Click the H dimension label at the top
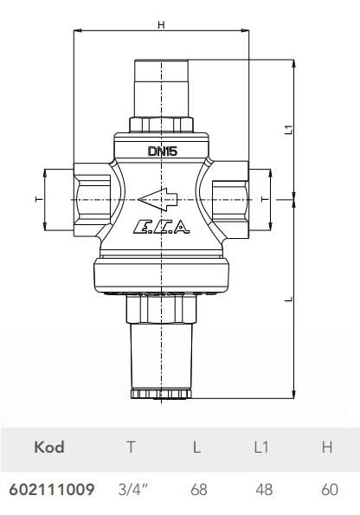pos(161,24)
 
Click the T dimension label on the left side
pos(37,199)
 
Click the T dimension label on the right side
pos(260,199)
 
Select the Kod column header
pos(48,447)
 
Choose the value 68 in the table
pos(198,490)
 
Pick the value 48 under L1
pos(263,490)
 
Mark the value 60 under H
pos(329,490)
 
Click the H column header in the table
pos(328,447)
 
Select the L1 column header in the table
pos(263,447)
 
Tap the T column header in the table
pos(131,447)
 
